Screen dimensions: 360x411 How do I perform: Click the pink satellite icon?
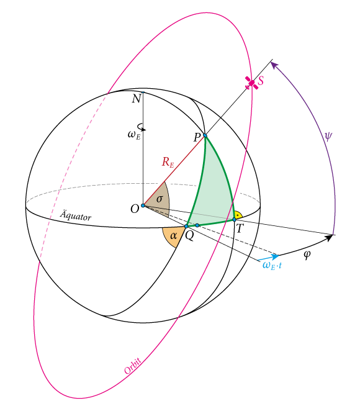(251, 83)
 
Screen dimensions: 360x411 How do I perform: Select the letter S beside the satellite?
(261, 81)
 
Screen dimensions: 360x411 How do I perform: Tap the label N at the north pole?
(137, 99)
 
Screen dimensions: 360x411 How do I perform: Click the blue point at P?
(205, 135)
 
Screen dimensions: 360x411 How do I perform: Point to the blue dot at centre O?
(143, 205)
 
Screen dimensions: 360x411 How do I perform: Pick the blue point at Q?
(186, 226)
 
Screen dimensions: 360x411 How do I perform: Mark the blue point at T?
(235, 220)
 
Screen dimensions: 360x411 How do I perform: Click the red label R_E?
(168, 162)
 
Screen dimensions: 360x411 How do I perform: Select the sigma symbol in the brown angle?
(160, 199)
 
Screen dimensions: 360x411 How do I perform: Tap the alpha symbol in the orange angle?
(173, 236)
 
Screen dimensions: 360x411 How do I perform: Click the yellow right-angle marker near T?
(238, 215)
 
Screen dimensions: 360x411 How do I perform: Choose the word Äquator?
(76, 215)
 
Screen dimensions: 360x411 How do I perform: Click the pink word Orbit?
(133, 366)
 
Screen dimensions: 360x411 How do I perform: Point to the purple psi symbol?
(328, 137)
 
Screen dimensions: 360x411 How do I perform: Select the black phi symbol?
(307, 255)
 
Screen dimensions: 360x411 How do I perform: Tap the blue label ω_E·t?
(272, 265)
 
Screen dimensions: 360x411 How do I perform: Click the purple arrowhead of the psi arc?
(274, 65)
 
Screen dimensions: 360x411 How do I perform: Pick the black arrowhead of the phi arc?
(328, 238)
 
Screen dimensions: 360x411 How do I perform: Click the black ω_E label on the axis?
(134, 135)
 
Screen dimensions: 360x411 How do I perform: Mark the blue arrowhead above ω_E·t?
(274, 256)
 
